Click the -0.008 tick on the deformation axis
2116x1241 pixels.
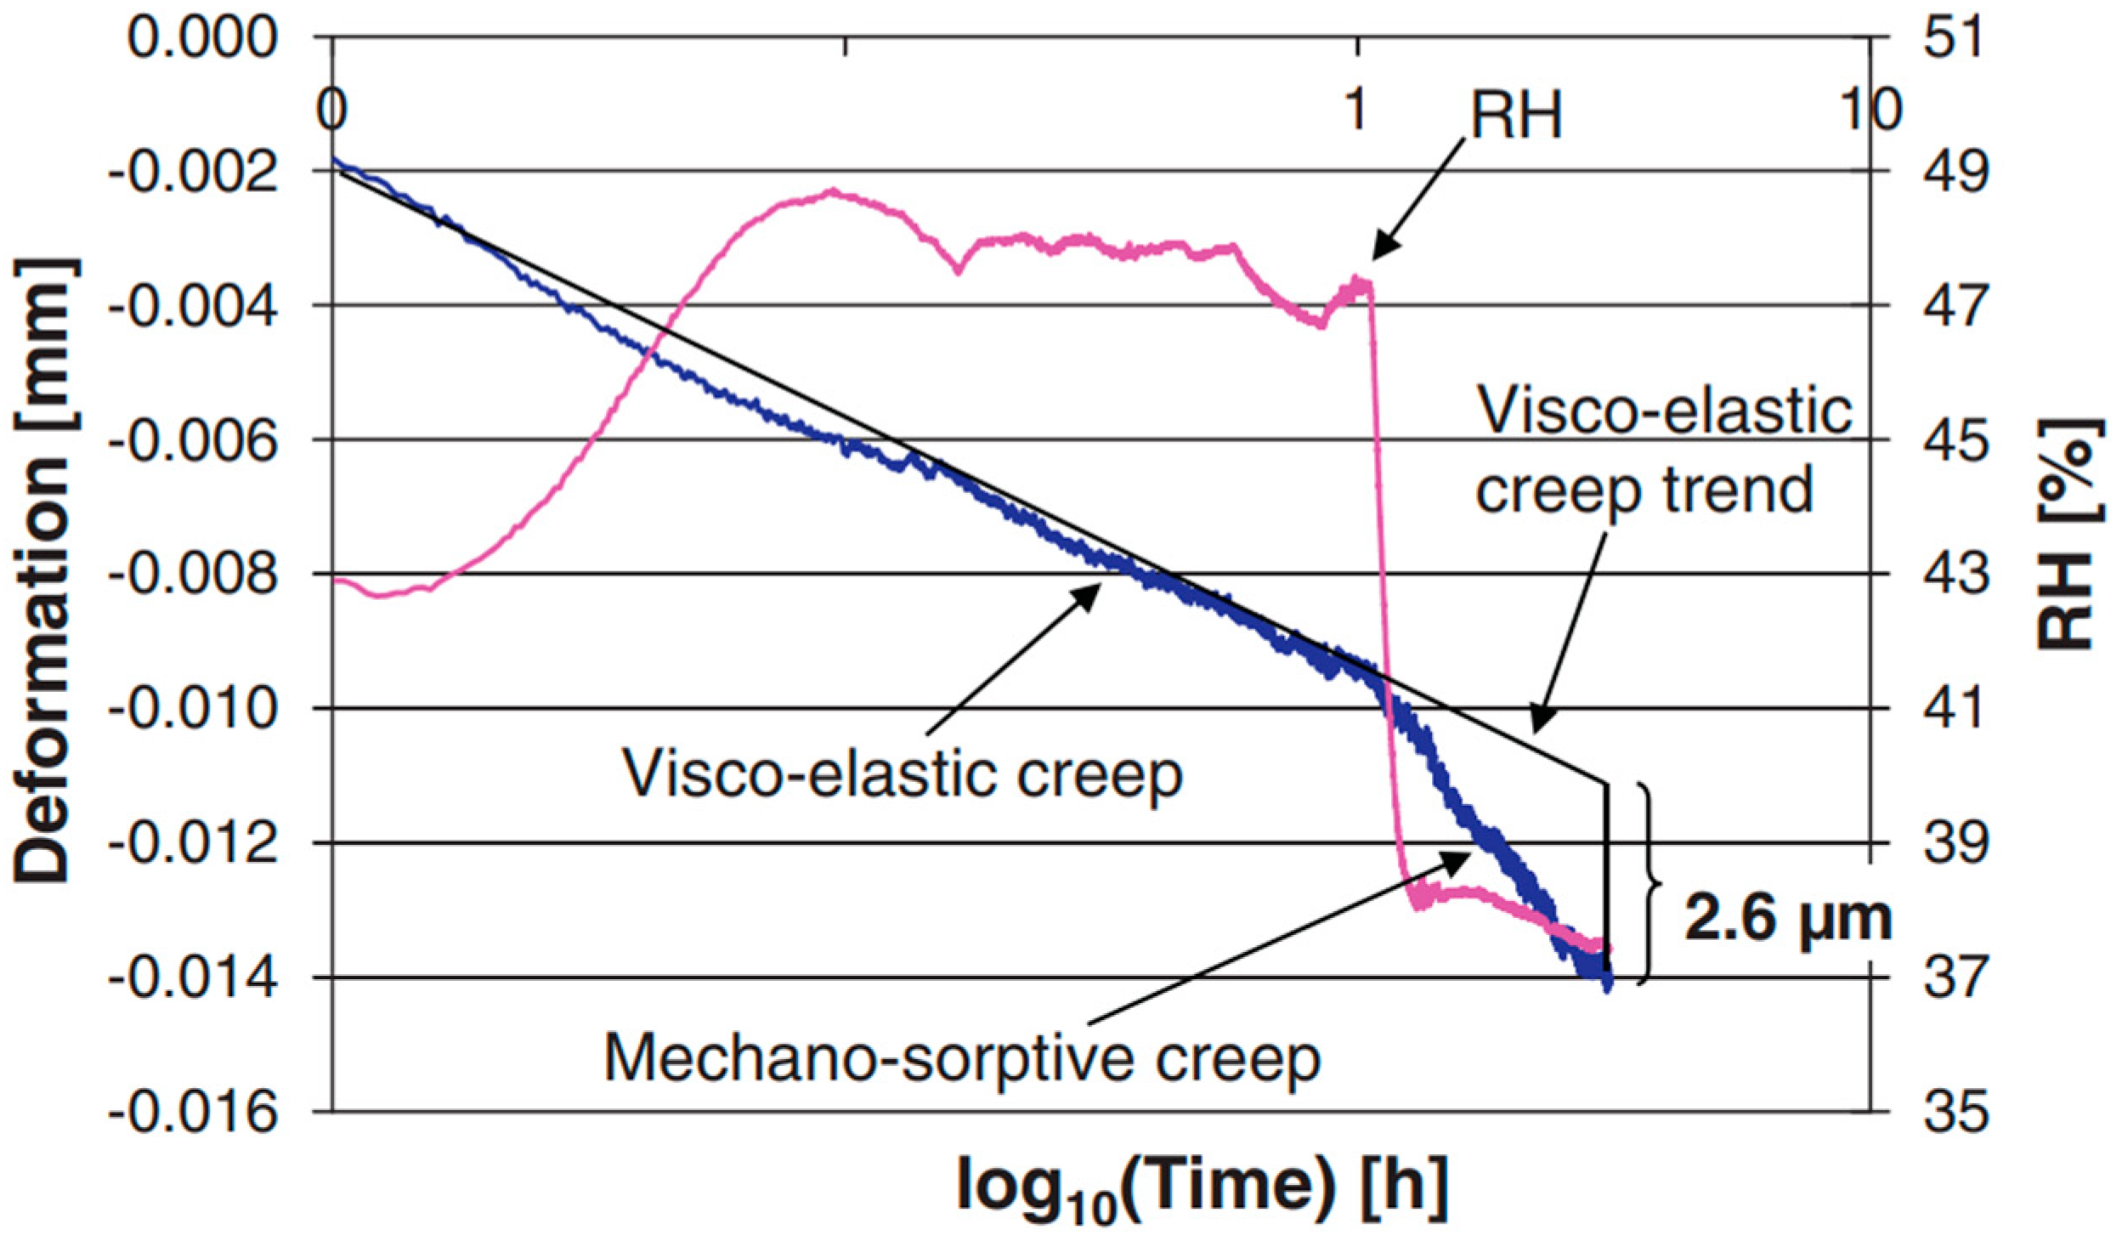(193, 575)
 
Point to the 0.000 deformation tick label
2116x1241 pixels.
(203, 37)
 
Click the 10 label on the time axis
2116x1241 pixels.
(1870, 110)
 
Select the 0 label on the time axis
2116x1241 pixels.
(332, 110)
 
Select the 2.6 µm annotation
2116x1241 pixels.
(1789, 920)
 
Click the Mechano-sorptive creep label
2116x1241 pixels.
(962, 1059)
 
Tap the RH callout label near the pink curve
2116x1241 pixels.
(1517, 116)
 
